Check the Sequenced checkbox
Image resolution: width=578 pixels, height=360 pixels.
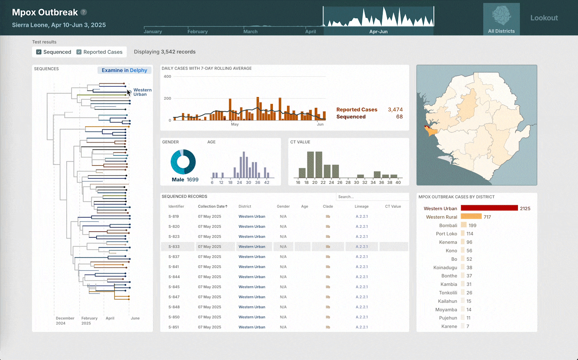click(x=39, y=52)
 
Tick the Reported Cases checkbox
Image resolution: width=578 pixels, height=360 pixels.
click(x=79, y=52)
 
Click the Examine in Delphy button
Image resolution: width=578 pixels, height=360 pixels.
click(x=124, y=70)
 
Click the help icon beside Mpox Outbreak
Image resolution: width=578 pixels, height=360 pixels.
click(x=84, y=12)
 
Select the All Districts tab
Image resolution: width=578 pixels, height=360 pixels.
click(x=501, y=19)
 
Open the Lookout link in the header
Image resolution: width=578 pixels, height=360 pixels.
click(x=544, y=18)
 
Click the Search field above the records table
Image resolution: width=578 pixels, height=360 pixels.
click(x=371, y=197)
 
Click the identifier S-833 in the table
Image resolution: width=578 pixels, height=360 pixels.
click(x=174, y=247)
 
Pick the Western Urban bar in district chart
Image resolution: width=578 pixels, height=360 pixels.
click(x=489, y=208)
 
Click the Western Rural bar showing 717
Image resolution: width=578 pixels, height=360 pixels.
click(x=471, y=217)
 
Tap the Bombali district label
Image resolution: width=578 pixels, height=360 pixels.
click(x=448, y=226)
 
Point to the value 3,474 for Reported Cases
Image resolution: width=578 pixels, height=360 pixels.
click(x=395, y=110)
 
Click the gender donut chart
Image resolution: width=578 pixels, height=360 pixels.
click(x=183, y=162)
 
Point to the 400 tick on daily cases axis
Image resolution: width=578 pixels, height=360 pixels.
click(x=167, y=77)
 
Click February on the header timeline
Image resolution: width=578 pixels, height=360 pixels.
click(x=197, y=32)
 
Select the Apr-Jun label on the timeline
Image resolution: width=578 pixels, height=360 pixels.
click(x=378, y=32)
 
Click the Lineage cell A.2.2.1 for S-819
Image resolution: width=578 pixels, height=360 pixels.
click(x=361, y=216)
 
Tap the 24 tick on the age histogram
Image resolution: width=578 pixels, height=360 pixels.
click(x=239, y=183)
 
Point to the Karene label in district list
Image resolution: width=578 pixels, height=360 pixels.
click(x=449, y=327)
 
